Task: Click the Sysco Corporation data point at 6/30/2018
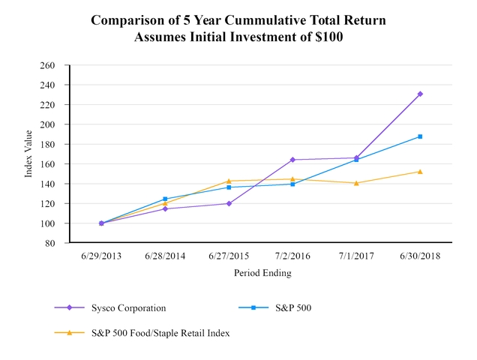420,94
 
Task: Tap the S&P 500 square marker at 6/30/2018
420,136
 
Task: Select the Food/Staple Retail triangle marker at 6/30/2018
420,171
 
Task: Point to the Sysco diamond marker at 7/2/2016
292,160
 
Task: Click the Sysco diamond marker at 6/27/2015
229,203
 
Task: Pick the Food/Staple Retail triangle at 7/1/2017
356,183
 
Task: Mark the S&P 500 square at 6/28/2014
165,199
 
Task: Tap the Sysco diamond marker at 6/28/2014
165,208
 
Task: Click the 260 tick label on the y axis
48,65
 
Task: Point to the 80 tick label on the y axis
50,243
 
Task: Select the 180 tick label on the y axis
48,144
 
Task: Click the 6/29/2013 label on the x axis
101,256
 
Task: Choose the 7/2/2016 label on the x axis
292,256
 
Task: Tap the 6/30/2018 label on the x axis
420,256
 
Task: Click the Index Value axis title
28,154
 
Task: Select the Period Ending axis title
262,273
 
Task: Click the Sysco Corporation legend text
128,307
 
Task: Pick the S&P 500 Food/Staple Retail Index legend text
160,332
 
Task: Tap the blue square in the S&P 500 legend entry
256,307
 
